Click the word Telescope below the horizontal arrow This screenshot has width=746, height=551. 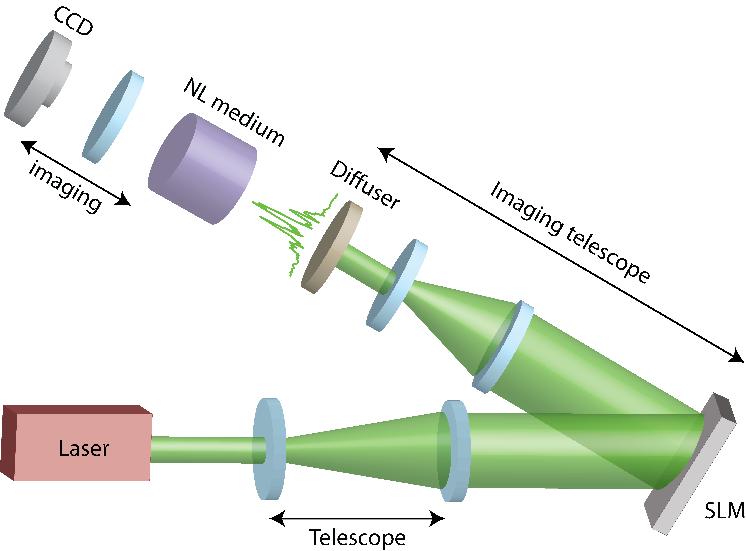(357, 538)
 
